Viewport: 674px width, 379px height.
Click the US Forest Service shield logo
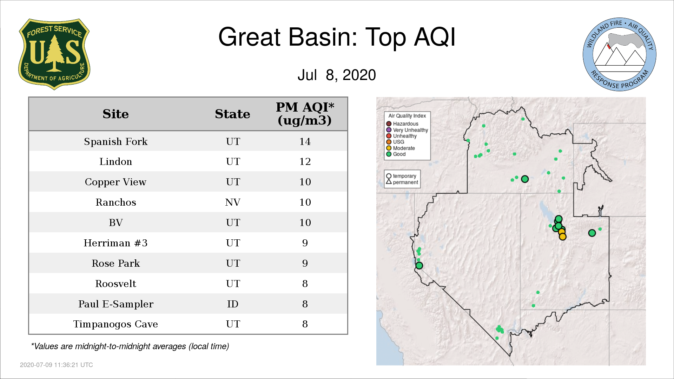(x=54, y=54)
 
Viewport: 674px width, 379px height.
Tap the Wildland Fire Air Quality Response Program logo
(x=620, y=54)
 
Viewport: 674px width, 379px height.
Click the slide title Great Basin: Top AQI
(x=337, y=37)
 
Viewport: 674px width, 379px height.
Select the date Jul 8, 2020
(x=337, y=75)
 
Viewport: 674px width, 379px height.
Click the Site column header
(x=115, y=114)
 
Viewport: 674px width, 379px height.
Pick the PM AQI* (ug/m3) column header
(x=305, y=114)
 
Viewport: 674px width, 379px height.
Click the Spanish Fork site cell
(x=116, y=141)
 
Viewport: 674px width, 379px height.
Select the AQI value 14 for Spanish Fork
(x=305, y=141)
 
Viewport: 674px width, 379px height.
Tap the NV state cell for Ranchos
(x=233, y=202)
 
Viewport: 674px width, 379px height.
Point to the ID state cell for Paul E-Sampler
(x=233, y=304)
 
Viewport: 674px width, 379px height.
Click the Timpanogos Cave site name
(x=115, y=324)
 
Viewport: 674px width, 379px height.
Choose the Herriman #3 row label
(x=115, y=243)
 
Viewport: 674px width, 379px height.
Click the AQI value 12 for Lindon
(x=305, y=162)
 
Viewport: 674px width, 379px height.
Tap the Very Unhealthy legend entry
(x=407, y=130)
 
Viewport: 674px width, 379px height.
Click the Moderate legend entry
(x=401, y=148)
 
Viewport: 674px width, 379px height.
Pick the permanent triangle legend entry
(x=402, y=182)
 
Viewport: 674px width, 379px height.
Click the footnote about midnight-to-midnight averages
(x=130, y=346)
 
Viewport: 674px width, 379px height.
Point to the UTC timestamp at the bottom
(x=57, y=365)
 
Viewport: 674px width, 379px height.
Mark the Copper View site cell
(x=115, y=182)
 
